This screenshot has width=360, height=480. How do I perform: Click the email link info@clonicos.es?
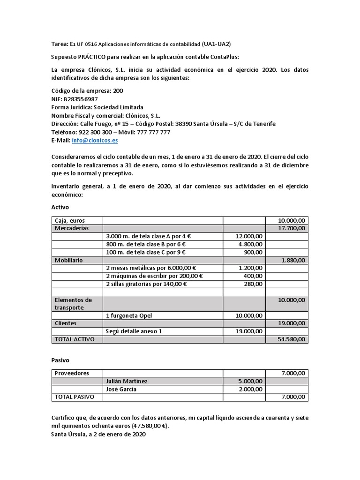pos(95,140)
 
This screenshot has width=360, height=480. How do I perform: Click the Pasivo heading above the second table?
pos(60,360)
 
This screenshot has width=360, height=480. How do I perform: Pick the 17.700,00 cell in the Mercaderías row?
pos(291,228)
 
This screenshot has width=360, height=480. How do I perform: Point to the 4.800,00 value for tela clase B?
pos(250,244)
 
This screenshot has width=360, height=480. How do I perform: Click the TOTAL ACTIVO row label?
pos(75,339)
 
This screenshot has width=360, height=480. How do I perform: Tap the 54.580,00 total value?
pos(291,339)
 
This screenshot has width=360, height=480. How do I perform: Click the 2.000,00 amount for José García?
pos(250,389)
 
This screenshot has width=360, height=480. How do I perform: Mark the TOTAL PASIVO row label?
pos(75,397)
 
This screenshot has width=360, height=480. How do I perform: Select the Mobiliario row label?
pos(70,260)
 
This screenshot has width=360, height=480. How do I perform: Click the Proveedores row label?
pos(72,373)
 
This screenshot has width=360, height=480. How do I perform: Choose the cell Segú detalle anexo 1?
pos(134,331)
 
